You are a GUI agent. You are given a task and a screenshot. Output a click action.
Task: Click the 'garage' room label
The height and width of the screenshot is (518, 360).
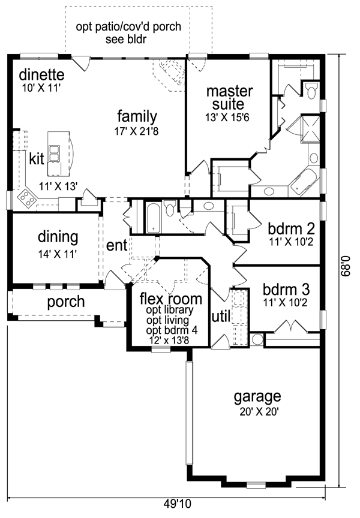[257, 396]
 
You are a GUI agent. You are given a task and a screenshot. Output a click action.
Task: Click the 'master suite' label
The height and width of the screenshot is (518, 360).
[229, 98]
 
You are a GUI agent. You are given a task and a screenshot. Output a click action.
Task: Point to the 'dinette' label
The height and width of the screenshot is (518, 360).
[41, 76]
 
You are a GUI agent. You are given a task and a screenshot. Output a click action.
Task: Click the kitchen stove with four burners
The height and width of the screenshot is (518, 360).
[27, 197]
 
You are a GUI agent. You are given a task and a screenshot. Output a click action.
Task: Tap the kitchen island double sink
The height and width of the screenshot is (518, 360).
[54, 153]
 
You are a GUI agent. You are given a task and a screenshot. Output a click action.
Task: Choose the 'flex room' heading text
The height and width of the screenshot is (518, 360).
[170, 298]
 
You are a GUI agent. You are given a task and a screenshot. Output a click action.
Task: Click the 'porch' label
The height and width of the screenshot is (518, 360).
[66, 302]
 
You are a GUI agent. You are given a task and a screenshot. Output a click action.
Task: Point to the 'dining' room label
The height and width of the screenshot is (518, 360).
[58, 237]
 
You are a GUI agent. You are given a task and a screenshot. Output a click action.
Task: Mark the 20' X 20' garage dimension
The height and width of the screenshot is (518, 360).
[257, 412]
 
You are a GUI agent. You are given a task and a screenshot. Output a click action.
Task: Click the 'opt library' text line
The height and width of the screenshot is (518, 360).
[170, 310]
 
